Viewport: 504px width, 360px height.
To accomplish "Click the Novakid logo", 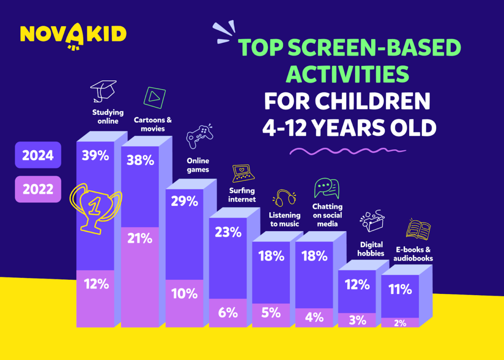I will pyautogui.click(x=73, y=35).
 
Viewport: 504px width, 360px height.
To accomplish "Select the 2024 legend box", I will pyautogui.click(x=38, y=155).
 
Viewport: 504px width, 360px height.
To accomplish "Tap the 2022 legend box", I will pyautogui.click(x=38, y=189).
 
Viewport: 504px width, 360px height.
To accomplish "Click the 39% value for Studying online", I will pyautogui.click(x=95, y=156).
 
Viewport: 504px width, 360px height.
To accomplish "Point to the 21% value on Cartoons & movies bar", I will pyautogui.click(x=140, y=238).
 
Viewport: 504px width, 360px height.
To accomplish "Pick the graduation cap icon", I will pyautogui.click(x=103, y=90).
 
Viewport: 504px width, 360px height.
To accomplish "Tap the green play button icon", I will pyautogui.click(x=154, y=97).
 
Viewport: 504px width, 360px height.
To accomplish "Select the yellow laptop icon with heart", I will pyautogui.click(x=243, y=173).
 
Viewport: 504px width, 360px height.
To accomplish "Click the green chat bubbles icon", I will pyautogui.click(x=327, y=188).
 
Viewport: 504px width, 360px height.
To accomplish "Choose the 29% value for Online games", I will pyautogui.click(x=184, y=201).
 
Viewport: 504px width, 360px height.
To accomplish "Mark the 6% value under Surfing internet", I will pyautogui.click(x=228, y=312).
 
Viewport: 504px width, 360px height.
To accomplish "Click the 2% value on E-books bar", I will pyautogui.click(x=400, y=323).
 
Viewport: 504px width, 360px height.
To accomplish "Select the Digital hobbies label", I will pyautogui.click(x=371, y=249).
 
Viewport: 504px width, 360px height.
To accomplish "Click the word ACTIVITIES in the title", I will pyautogui.click(x=347, y=74).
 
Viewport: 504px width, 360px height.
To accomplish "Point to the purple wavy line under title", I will pyautogui.click(x=347, y=151).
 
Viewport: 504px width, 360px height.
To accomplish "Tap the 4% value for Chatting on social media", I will pyautogui.click(x=314, y=317).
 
